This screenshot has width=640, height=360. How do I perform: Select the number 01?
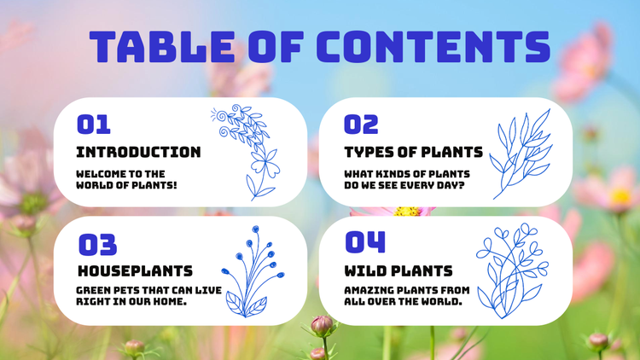[94, 125]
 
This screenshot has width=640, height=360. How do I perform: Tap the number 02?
[361, 125]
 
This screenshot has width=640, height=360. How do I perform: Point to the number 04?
[364, 242]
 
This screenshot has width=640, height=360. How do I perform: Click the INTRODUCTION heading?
[138, 152]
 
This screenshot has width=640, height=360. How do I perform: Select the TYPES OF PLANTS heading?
[413, 152]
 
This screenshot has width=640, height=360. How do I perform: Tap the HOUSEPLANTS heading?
[134, 271]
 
